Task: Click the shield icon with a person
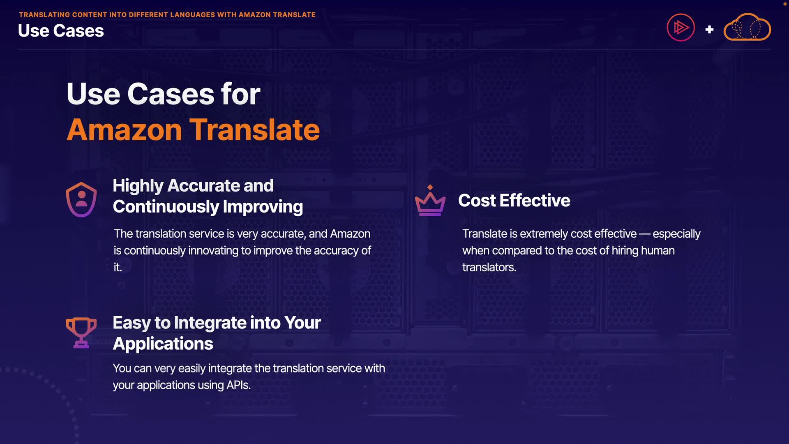pos(81,199)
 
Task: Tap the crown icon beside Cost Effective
pos(430,201)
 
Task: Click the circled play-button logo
pos(681,28)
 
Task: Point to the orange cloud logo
pos(747,27)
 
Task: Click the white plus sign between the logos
pos(709,30)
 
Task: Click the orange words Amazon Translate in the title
pos(193,130)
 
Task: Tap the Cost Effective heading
pos(514,201)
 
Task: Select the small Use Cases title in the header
pos(61,31)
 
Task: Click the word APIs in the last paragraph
pos(238,385)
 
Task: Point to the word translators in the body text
pos(489,267)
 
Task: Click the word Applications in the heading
pos(163,344)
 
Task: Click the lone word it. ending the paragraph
pos(118,267)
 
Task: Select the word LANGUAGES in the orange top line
pos(192,15)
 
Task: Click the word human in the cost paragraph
pos(657,250)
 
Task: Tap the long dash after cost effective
pos(645,234)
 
